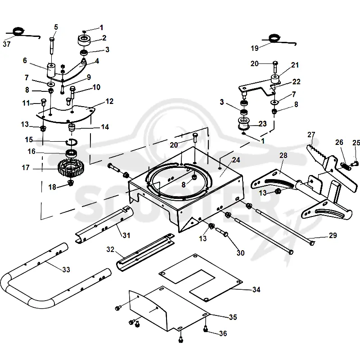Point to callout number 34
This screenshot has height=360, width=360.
coord(256,289)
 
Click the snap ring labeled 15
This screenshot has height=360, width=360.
coord(72,142)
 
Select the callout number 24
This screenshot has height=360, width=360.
coord(236,160)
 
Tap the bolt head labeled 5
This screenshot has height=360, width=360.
coord(52,40)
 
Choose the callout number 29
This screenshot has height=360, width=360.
coord(333,235)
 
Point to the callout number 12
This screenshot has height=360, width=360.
coord(109,101)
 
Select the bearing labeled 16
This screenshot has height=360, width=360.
coord(71,153)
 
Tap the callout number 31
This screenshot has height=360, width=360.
coord(126,235)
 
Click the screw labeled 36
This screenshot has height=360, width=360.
coord(206,329)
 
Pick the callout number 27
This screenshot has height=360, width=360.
coord(311,135)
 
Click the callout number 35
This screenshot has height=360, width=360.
coord(233,317)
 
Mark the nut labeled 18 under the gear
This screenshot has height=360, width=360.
coord(71,183)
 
